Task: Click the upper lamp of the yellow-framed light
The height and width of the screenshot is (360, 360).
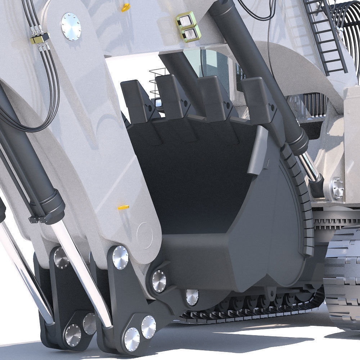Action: (186, 21)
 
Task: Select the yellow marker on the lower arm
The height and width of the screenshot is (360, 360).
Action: (123, 207)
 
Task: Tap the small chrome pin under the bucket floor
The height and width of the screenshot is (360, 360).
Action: (192, 297)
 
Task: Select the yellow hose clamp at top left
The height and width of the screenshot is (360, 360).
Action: (40, 39)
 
